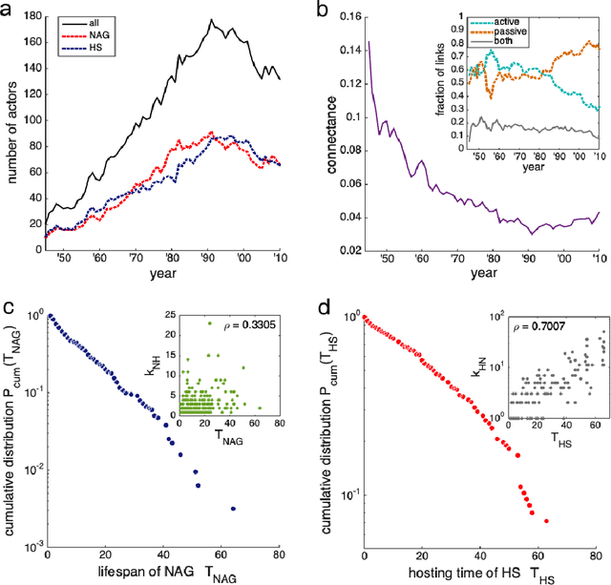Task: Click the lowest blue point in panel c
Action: coord(234,508)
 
